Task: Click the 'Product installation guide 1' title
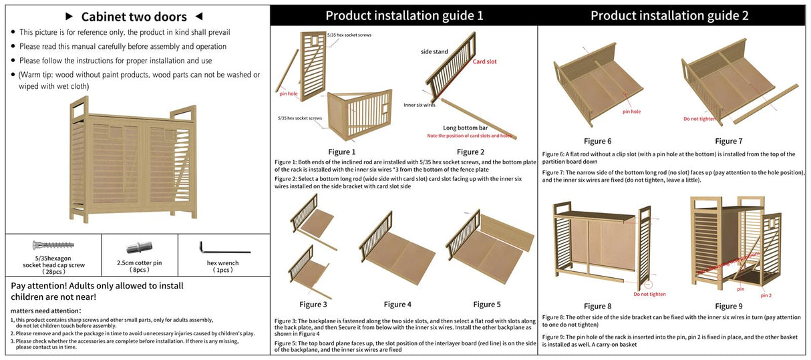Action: point(403,15)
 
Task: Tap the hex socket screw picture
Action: point(53,246)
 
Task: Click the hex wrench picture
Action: point(224,248)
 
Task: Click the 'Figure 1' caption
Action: point(342,152)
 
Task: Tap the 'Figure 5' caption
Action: point(487,305)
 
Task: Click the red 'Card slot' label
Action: point(484,61)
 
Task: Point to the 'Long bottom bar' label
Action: point(465,128)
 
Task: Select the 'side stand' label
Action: point(434,51)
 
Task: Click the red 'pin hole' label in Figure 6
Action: point(631,112)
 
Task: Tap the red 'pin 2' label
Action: point(766,295)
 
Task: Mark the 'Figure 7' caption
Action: point(728,141)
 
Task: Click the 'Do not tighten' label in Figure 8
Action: point(649,294)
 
